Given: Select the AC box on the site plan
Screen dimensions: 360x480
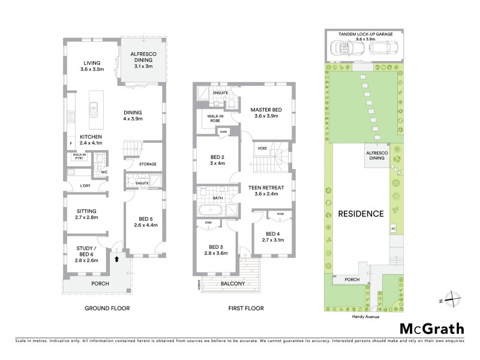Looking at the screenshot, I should (x=394, y=229).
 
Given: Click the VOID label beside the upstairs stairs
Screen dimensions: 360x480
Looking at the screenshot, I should (x=262, y=148).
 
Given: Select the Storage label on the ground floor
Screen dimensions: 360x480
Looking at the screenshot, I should (x=148, y=164).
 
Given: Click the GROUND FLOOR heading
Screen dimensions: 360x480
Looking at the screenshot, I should (x=106, y=308).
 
